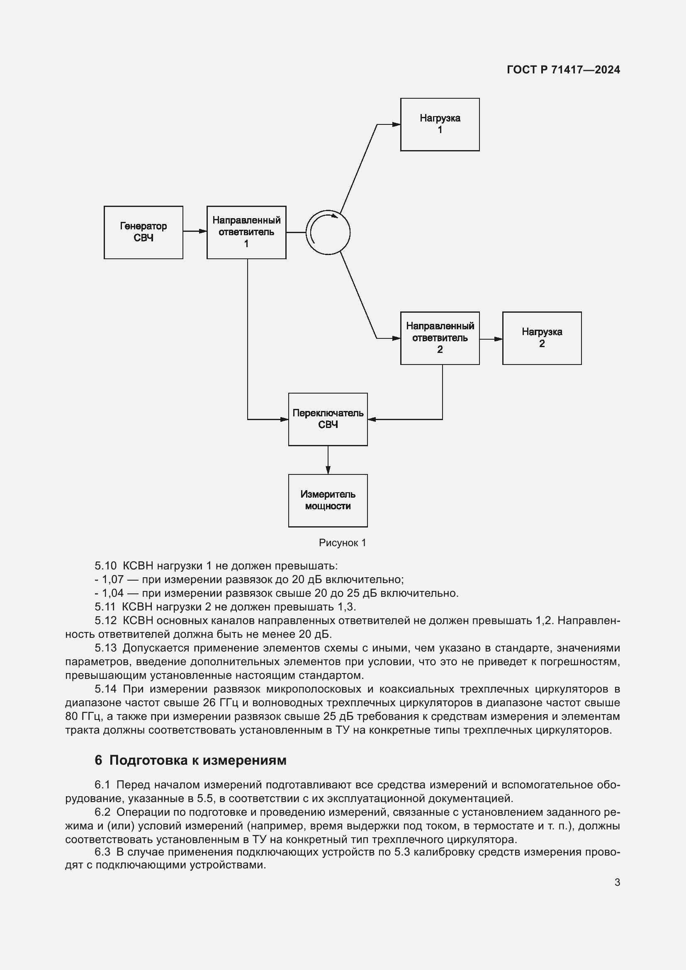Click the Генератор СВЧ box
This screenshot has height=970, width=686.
tap(143, 232)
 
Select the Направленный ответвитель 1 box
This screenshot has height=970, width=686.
tap(246, 232)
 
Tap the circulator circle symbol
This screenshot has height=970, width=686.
tap(328, 232)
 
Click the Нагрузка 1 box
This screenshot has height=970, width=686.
tap(440, 124)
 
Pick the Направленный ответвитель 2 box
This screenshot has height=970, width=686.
tap(440, 338)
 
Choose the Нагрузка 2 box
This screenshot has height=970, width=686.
tap(542, 338)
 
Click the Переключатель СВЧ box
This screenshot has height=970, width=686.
tap(328, 419)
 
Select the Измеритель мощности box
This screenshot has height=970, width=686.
tap(328, 500)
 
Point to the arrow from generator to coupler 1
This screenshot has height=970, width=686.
tap(195, 231)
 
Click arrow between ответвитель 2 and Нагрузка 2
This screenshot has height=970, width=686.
tap(491, 339)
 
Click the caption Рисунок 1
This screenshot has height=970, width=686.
tap(342, 543)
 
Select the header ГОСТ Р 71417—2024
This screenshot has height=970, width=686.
tap(563, 70)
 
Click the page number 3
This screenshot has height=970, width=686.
tap(617, 882)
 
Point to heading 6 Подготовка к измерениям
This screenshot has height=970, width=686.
tap(190, 760)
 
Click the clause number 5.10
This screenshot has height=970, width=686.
tap(105, 566)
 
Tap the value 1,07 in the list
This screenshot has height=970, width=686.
tap(112, 579)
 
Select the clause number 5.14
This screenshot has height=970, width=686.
tap(105, 689)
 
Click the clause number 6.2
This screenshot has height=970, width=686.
tap(102, 812)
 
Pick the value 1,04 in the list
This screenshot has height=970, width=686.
tap(112, 593)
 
